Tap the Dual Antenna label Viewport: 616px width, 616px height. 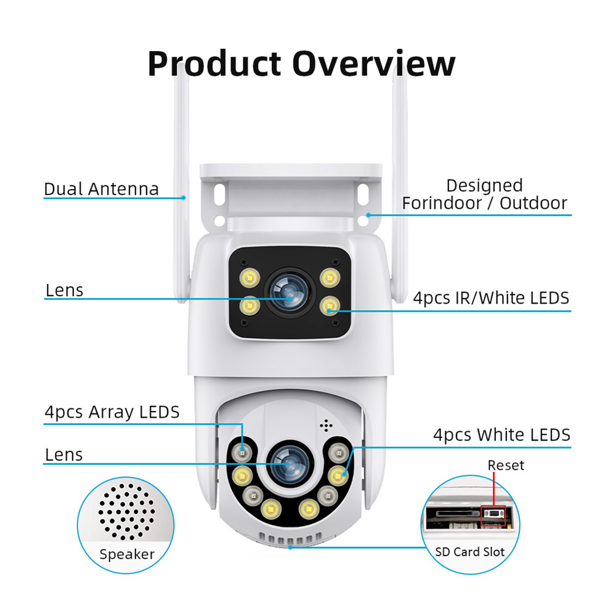click(101, 189)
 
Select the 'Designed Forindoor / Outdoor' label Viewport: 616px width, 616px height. click(484, 195)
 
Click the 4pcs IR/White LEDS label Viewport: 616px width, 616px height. click(491, 299)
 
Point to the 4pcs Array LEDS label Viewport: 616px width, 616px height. click(111, 411)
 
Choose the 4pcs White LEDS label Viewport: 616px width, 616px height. click(501, 435)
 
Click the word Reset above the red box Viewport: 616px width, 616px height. click(506, 466)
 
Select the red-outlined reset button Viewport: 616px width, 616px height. click(493, 516)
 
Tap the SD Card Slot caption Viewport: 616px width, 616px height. click(470, 552)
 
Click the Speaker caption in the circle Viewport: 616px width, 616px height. click(127, 554)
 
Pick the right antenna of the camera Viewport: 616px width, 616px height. click(399, 185)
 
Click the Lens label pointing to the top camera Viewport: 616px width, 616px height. click(64, 291)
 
